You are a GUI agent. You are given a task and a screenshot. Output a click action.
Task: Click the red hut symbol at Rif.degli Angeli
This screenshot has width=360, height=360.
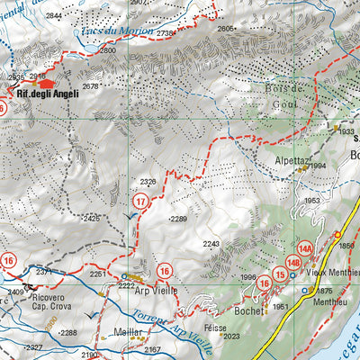[45, 81]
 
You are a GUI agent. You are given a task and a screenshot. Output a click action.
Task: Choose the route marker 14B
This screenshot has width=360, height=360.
[292, 263]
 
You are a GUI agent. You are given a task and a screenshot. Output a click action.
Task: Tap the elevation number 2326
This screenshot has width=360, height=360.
[149, 182]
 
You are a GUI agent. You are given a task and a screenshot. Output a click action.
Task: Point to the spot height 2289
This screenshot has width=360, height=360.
[177, 219]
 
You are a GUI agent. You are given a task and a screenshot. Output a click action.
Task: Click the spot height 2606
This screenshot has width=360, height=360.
[226, 28]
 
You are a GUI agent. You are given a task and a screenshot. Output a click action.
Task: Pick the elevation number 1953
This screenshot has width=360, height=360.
[311, 201]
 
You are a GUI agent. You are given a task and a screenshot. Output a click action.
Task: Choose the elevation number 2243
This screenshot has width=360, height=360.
[211, 244]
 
